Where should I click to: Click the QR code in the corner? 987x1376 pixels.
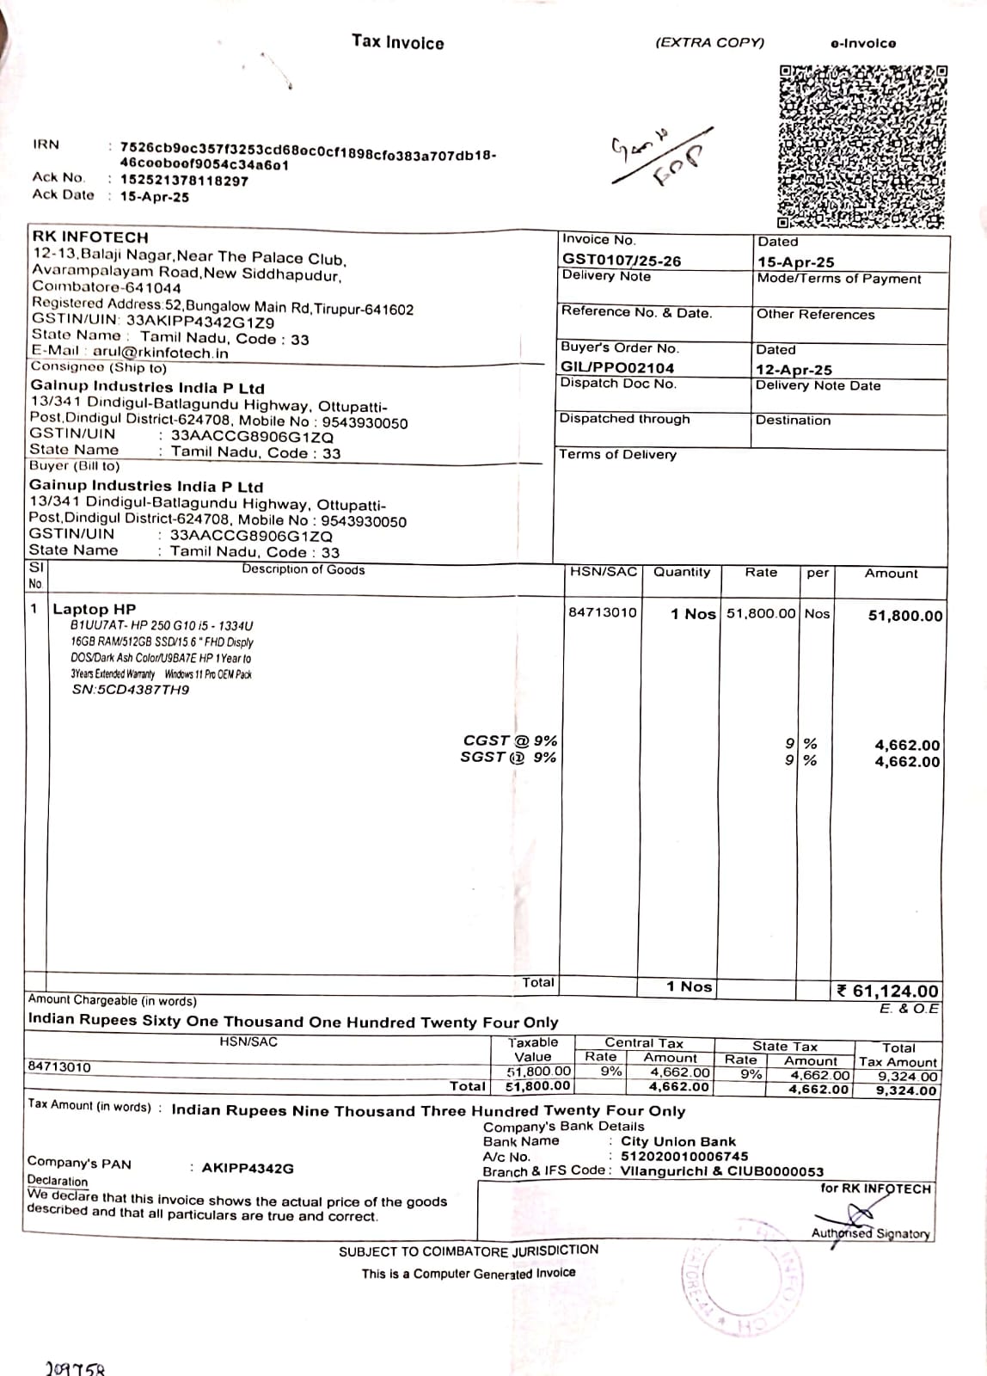pos(862,146)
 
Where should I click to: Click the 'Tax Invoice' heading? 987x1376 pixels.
pos(397,42)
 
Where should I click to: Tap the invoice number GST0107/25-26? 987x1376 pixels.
pos(621,260)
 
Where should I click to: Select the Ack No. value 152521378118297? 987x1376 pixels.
pos(184,181)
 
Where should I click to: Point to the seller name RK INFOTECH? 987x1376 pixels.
pos(90,236)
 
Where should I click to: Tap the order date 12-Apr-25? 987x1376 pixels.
pos(794,370)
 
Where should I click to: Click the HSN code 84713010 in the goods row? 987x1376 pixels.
pos(603,612)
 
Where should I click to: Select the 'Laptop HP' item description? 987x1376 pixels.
pos(95,609)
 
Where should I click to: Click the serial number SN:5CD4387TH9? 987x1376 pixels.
pos(131,690)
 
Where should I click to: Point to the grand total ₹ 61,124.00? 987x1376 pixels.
pos(888,992)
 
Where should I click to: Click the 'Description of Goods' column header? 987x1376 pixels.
pos(303,569)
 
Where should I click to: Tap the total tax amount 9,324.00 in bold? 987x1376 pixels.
pos(905,1090)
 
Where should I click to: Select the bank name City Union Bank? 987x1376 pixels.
pos(678,1141)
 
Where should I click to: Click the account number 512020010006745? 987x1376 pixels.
pos(684,1157)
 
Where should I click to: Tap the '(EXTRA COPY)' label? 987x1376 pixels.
pos(709,42)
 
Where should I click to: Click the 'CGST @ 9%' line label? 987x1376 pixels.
pos(510,740)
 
